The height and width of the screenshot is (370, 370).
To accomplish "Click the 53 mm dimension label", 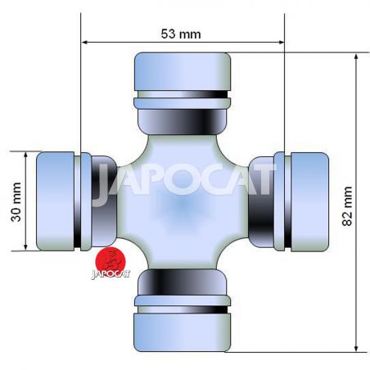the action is (x=181, y=34).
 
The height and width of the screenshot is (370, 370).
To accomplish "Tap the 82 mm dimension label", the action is (x=347, y=206).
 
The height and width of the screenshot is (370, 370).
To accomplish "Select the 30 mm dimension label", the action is (x=16, y=202).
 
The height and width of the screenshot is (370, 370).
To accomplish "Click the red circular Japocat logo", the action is (x=111, y=260).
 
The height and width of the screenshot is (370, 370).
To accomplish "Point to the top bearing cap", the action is (x=183, y=71).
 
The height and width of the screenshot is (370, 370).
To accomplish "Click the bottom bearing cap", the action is (x=183, y=332).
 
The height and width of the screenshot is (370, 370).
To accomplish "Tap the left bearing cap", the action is (x=56, y=201).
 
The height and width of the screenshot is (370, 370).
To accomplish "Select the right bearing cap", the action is (x=309, y=202).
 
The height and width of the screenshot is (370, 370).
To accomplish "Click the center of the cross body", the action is (x=183, y=202).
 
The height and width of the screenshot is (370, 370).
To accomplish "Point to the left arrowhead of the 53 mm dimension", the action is (x=84, y=43).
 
